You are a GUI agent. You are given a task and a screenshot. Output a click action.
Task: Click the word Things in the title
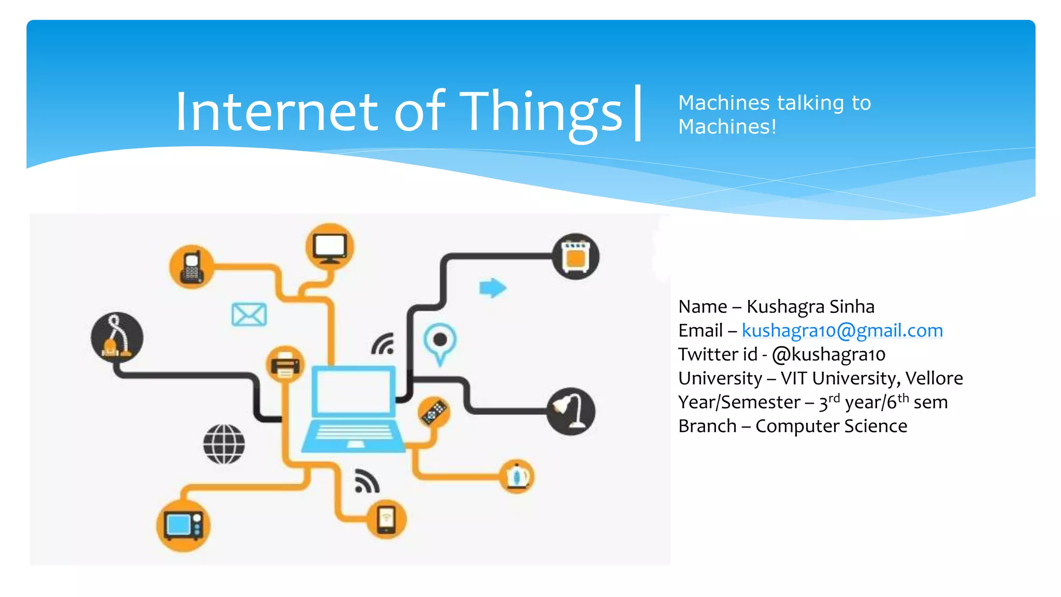(x=541, y=111)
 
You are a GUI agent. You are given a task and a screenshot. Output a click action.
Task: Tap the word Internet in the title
(x=277, y=111)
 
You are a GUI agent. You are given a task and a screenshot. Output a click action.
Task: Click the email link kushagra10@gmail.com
(x=842, y=331)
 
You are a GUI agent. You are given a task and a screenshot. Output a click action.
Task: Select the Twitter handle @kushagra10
(x=828, y=354)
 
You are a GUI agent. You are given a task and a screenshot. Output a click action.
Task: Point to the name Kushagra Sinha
(x=810, y=307)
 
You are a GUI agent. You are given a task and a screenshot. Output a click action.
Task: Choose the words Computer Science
(x=831, y=426)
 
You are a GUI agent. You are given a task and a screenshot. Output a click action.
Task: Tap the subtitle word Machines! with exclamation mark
(x=727, y=127)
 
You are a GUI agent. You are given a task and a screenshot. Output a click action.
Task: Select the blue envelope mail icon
(x=249, y=315)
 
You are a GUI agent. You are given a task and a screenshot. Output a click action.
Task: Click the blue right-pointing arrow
(x=492, y=288)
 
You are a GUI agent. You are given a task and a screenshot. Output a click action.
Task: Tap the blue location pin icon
(x=440, y=343)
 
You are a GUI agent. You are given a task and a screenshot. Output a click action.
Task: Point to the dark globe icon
(x=224, y=444)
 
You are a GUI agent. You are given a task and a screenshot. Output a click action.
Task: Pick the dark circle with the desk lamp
(x=571, y=411)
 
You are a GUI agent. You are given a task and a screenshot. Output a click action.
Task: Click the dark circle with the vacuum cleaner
(x=117, y=337)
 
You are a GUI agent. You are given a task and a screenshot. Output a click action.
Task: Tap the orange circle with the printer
(x=285, y=364)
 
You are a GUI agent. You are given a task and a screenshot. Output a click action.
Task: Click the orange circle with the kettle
(x=517, y=476)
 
